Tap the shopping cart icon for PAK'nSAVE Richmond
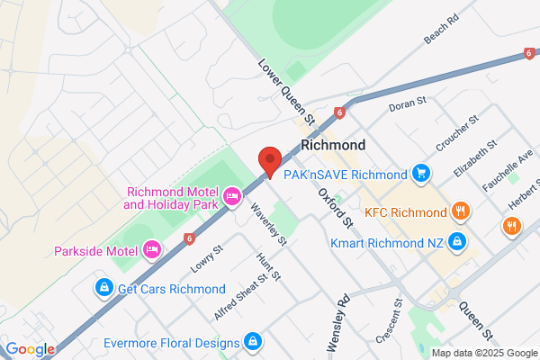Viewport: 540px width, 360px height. [x=420, y=172]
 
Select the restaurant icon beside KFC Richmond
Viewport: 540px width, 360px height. [x=460, y=212]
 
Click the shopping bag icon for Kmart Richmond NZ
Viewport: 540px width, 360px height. [x=458, y=241]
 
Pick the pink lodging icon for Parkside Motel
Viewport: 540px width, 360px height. [x=152, y=249]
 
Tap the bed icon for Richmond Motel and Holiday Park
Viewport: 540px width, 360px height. [x=232, y=195]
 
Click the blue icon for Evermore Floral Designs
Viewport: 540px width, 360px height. [x=254, y=342]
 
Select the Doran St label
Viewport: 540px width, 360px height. [x=407, y=107]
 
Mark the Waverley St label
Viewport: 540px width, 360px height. [x=269, y=223]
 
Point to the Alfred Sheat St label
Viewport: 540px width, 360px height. [x=240, y=297]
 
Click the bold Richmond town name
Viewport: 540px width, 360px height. [x=333, y=145]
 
